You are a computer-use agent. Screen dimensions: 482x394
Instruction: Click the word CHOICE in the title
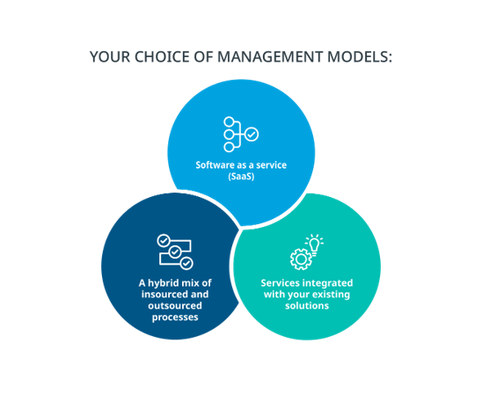tap(162, 57)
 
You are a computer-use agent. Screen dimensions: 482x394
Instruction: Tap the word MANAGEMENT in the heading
tap(270, 57)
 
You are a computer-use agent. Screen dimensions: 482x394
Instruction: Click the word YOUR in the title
tap(110, 57)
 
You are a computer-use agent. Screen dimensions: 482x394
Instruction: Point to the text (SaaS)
tap(241, 177)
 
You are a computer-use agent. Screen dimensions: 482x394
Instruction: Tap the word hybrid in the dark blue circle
tap(164, 283)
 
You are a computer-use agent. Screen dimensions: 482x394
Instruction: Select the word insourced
tap(164, 295)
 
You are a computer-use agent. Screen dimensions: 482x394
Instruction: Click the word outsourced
tap(175, 306)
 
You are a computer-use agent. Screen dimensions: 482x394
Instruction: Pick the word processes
tap(175, 317)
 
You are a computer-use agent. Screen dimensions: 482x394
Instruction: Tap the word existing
tap(332, 295)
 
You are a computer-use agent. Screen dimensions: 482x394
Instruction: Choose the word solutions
tap(307, 306)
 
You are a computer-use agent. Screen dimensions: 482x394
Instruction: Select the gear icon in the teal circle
tap(301, 259)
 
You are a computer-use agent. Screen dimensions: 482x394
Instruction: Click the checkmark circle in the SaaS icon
tap(252, 135)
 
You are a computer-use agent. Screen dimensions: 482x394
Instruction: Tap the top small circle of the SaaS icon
tap(229, 121)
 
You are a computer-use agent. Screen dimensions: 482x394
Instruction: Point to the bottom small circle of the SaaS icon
tap(229, 147)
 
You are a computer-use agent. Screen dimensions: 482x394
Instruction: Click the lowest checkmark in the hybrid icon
tap(186, 263)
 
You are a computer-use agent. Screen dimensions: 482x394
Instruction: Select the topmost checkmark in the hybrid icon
tap(164, 241)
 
